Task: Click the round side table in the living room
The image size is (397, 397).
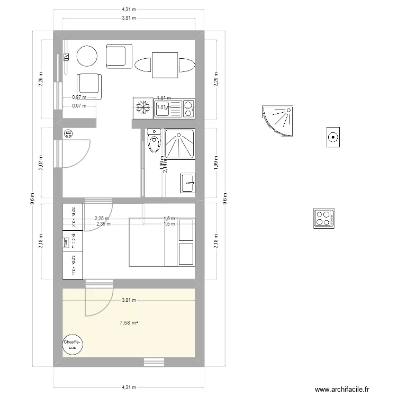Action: pos(87,56)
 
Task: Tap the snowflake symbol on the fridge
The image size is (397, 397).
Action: pos(142,108)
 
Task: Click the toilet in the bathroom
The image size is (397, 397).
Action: pos(155,142)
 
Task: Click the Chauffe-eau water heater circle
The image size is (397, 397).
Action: pos(73,345)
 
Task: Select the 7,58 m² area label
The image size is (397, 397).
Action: pos(129,322)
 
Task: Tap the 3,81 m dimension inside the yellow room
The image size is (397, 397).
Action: pos(129,300)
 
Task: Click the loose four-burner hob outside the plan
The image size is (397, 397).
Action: pos(323,218)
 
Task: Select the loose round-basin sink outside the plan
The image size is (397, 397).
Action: pos(333,138)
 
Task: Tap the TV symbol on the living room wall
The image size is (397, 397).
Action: pos(67,57)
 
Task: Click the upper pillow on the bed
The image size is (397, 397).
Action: pos(186,230)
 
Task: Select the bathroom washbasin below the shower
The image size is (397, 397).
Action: pos(187,183)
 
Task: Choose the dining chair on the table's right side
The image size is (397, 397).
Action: pos(186,66)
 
